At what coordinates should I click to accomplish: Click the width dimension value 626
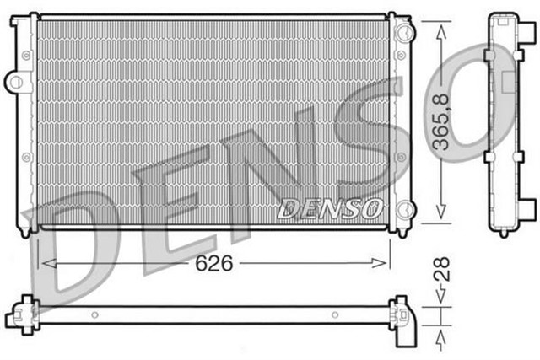(214, 263)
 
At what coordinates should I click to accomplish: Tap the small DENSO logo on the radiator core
(331, 207)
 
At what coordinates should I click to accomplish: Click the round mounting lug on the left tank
(14, 81)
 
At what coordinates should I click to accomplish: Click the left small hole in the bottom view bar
(94, 315)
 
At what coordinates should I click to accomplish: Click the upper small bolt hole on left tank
(27, 54)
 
